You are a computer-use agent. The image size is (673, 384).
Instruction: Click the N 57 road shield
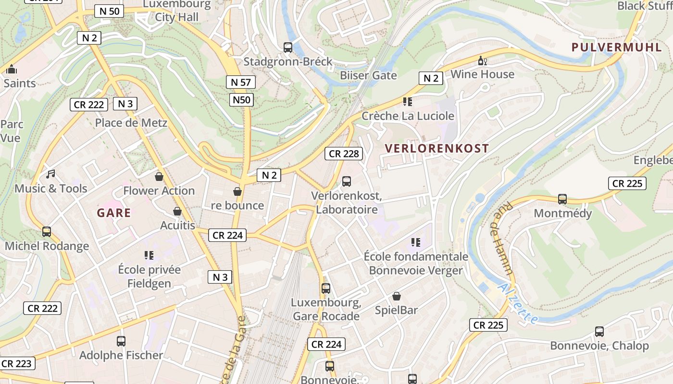[x=241, y=82]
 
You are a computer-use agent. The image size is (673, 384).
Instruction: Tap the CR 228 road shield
[x=344, y=154]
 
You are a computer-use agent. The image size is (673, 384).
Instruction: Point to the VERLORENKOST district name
[x=437, y=148]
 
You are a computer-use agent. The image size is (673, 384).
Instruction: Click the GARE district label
[x=114, y=213]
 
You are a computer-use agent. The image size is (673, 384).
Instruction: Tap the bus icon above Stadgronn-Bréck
[x=288, y=47]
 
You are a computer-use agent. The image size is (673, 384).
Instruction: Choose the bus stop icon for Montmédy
[x=562, y=199]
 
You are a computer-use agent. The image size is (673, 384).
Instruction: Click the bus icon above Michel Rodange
[x=47, y=231]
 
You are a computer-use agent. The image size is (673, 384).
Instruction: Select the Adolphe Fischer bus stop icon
[x=121, y=341]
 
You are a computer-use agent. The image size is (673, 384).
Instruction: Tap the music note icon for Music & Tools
[x=50, y=174]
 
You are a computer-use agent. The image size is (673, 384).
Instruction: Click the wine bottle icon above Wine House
[x=482, y=60]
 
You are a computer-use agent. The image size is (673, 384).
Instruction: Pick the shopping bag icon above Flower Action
[x=159, y=177]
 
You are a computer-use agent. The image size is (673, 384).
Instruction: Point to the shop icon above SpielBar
[x=397, y=296]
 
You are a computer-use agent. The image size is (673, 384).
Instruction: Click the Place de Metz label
[x=131, y=123]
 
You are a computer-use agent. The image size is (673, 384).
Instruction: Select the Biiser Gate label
[x=368, y=75]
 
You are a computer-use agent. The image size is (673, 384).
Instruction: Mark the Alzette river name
[x=518, y=303]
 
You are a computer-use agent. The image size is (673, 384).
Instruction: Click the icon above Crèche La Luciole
[x=408, y=102]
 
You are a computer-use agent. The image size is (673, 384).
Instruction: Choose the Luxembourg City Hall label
[x=177, y=12]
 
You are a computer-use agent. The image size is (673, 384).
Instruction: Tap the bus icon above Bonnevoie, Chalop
[x=599, y=331]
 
